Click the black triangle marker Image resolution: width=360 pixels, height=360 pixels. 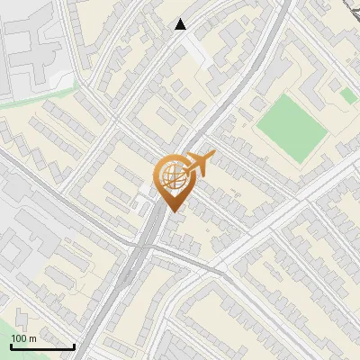tap(181, 24)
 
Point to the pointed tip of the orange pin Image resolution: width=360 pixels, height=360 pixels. tap(171, 211)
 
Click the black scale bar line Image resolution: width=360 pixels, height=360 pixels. tap(42, 346)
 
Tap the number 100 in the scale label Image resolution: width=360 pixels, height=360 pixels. tap(19, 338)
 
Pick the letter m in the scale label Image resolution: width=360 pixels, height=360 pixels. tap(32, 338)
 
